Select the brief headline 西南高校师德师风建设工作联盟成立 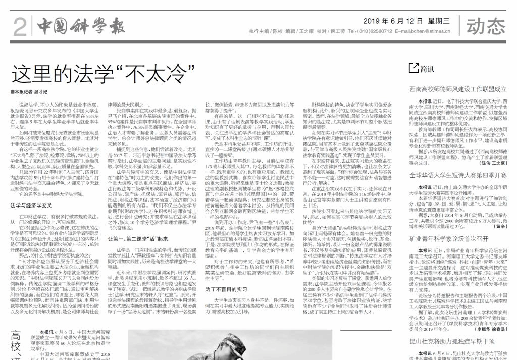click(458, 89)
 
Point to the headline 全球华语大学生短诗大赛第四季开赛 click(458, 175)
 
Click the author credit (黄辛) click(500, 227)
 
